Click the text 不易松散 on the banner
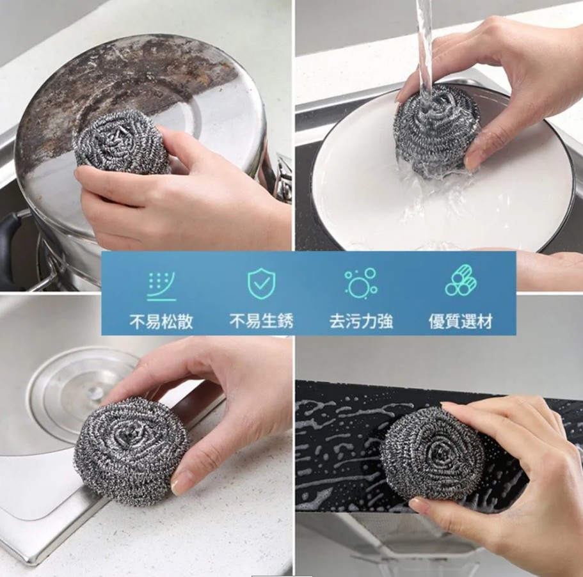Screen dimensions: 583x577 [161, 321]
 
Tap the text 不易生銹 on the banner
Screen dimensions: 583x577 [261, 321]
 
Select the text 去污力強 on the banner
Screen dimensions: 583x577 [361, 321]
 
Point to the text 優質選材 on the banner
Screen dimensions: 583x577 [461, 321]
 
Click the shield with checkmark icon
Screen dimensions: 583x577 [262, 283]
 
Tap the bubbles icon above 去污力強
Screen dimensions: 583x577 [361, 283]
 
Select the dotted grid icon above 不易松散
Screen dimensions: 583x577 [161, 286]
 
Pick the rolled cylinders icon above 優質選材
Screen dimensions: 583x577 [461, 281]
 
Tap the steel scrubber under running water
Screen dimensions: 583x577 [436, 130]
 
